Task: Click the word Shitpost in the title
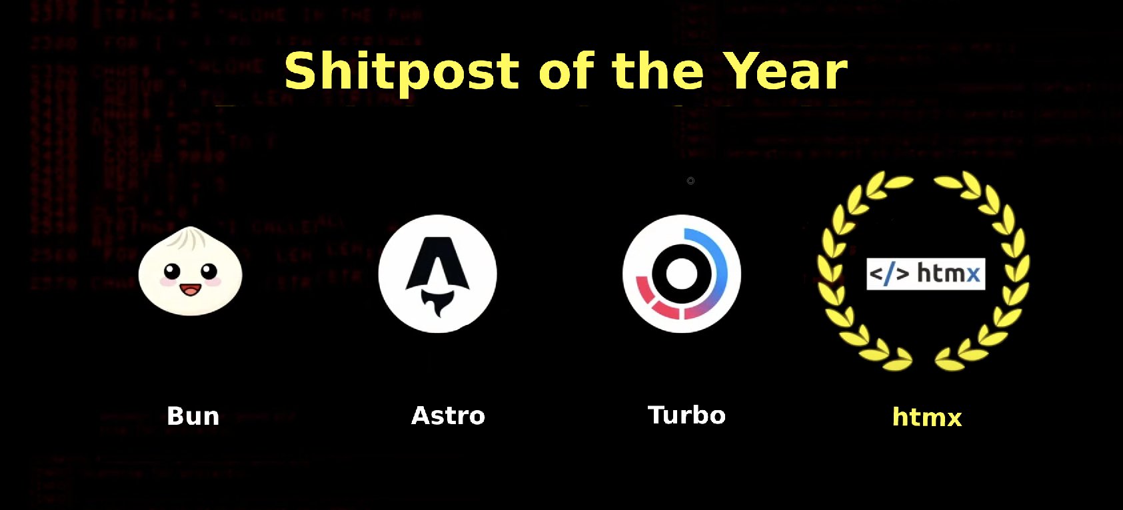tap(401, 71)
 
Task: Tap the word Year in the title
tap(785, 71)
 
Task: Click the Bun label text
tap(193, 416)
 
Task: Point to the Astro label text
tap(448, 415)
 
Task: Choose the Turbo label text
tap(686, 415)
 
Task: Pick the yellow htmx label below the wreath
tap(927, 417)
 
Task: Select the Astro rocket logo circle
tap(437, 273)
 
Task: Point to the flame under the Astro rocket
tap(438, 307)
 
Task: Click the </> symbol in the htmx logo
tap(889, 274)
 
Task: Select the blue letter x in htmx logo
tap(972, 274)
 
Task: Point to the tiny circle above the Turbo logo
tap(690, 180)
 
